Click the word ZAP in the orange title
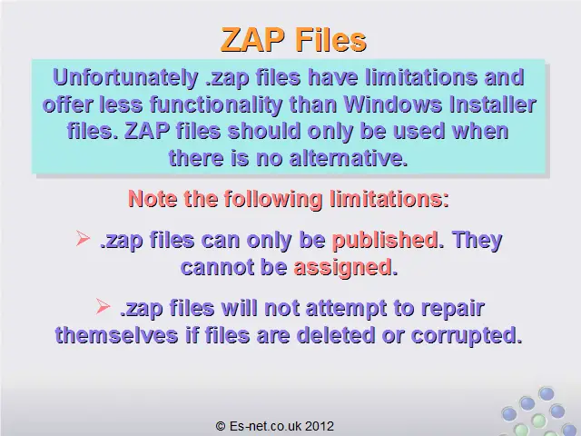[x=253, y=40]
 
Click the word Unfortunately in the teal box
[x=125, y=78]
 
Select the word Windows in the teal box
[x=393, y=104]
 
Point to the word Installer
[x=492, y=104]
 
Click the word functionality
[x=216, y=105]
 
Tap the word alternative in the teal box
[x=349, y=158]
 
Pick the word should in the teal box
[x=264, y=131]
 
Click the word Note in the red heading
[x=153, y=199]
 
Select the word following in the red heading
[x=272, y=200]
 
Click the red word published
[x=385, y=240]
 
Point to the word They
[x=477, y=240]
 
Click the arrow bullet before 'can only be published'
[x=83, y=238]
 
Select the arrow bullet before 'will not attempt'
[x=103, y=307]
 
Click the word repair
[x=453, y=309]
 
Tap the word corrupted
[x=467, y=336]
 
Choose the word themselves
[x=116, y=335]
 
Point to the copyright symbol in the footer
[x=221, y=426]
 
